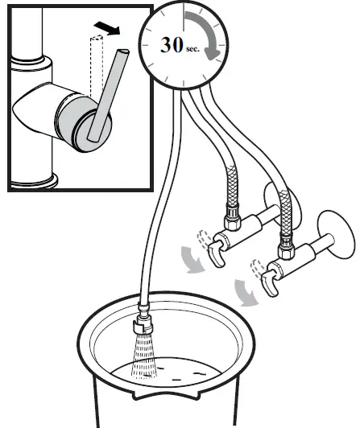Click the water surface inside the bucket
193,374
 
